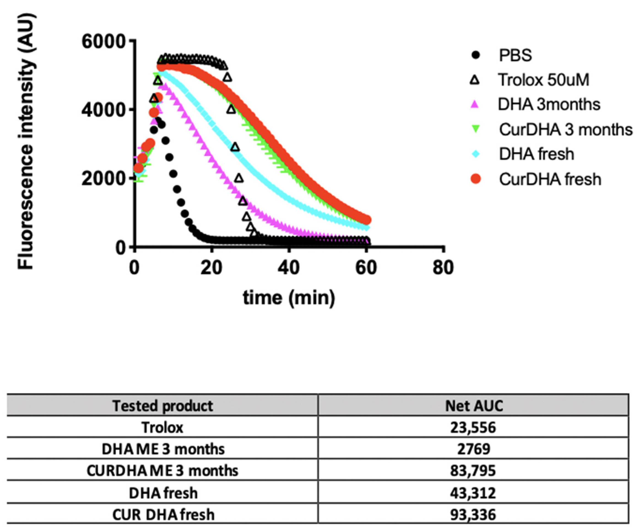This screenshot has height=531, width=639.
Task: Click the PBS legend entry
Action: [x=515, y=55]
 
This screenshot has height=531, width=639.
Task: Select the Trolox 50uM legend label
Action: [x=543, y=80]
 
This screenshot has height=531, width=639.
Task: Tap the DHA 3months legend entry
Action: [x=549, y=105]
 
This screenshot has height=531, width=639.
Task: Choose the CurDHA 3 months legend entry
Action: [x=565, y=130]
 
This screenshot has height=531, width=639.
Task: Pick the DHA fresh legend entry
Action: [x=536, y=154]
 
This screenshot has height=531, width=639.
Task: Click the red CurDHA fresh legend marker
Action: [x=476, y=179]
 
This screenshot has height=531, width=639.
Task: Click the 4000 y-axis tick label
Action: [x=104, y=110]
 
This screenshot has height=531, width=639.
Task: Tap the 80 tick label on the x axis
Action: [x=443, y=268]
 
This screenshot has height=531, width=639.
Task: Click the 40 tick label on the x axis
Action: [x=289, y=268]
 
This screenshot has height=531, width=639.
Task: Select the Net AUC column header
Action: [x=474, y=406]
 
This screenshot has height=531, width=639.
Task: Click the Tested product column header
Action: [x=163, y=406]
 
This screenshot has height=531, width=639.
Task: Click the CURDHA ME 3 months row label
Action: [x=163, y=471]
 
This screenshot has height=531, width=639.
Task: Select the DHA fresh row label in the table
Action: [x=163, y=493]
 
